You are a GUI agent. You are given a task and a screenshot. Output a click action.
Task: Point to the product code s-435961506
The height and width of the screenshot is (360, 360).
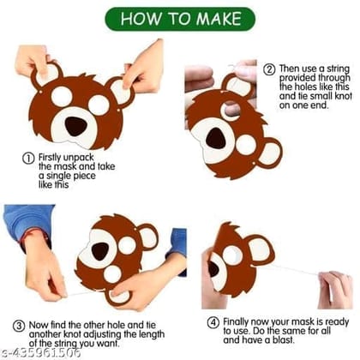(x=40, y=352)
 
